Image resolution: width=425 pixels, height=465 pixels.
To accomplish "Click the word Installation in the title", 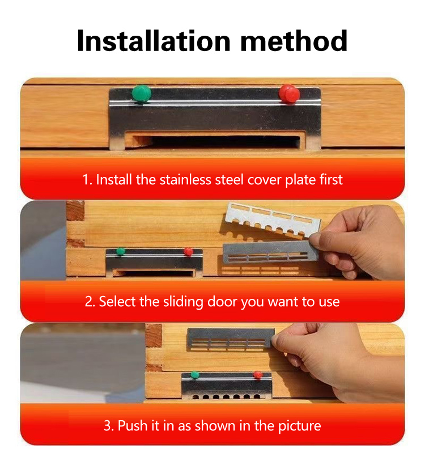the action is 154,41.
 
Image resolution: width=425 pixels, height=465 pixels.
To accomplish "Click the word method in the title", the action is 294,41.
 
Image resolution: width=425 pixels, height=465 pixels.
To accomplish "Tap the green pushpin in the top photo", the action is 141,94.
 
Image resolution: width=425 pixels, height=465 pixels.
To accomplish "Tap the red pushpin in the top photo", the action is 289,94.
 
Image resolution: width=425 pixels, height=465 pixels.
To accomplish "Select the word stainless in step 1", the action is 185,180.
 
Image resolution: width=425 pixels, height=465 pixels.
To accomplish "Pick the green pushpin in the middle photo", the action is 120,251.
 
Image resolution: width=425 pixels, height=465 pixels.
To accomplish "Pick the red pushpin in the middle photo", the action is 188,251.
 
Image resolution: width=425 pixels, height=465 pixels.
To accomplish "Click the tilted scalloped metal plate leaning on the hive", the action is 272,220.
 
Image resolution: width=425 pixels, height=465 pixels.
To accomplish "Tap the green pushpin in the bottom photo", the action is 194,374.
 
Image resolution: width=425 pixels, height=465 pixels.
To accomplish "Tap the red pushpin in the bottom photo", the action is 258,375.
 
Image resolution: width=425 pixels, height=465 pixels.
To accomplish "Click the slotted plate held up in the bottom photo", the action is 231,340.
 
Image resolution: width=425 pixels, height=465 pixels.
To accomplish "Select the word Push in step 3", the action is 133,425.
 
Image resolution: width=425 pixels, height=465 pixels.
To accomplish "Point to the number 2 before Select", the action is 89,302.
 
